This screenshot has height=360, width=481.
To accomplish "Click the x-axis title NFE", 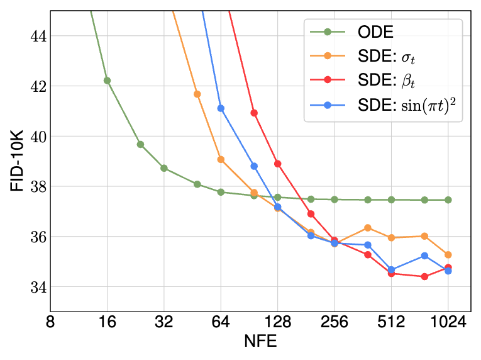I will tap(260, 342).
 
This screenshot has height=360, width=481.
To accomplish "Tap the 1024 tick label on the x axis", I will tap(448, 323).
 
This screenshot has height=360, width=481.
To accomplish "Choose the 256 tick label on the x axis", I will tap(334, 323).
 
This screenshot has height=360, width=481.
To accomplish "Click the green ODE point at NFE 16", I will tap(107, 80).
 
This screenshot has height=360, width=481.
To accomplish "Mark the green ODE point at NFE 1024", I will tap(448, 200).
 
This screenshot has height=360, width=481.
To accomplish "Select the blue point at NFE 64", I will tap(221, 108).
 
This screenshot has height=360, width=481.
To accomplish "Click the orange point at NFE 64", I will tap(221, 159).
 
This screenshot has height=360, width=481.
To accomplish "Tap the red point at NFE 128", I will tap(277, 164).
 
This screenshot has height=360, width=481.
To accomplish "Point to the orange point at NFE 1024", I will tap(448, 255).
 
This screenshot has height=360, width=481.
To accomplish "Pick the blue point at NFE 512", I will tap(391, 270).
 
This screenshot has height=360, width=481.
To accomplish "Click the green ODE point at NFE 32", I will tap(164, 168).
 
